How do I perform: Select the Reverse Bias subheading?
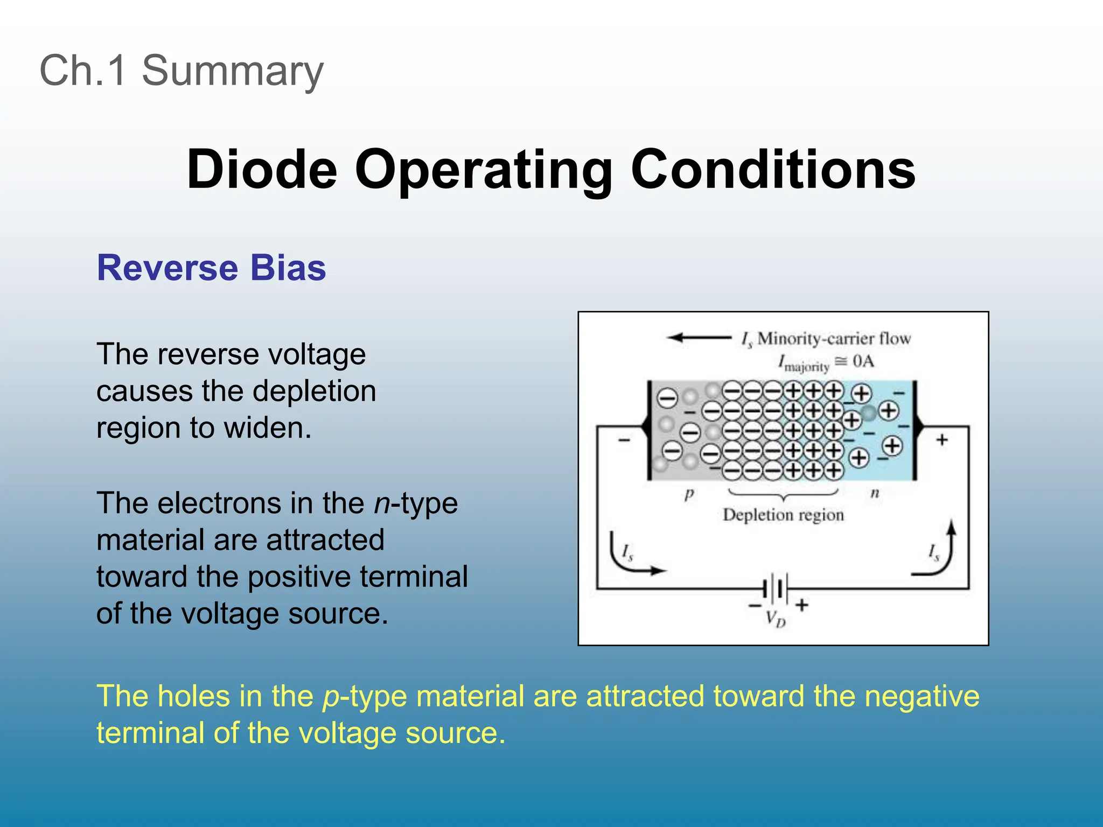211,268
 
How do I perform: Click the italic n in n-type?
381,503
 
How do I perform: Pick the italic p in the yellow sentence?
331,697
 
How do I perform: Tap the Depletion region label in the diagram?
783,515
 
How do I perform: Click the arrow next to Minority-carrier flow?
699,338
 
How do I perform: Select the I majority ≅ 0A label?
826,362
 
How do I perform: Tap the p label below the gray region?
689,493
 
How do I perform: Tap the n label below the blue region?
875,493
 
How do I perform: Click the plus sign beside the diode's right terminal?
941,440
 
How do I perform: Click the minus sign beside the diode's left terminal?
624,440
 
